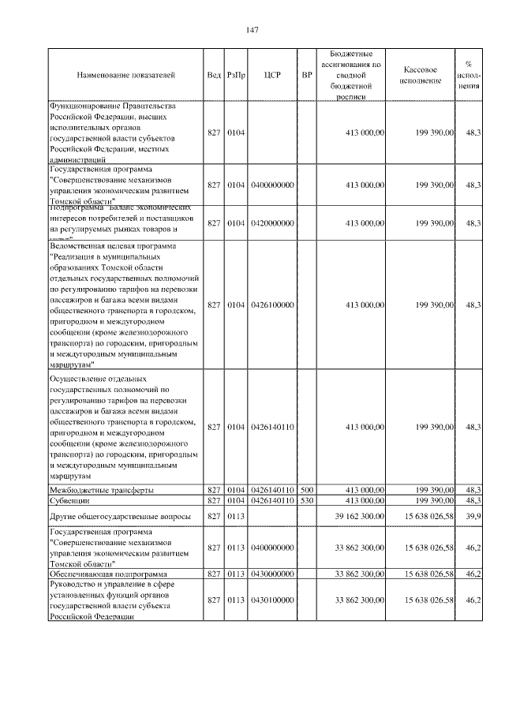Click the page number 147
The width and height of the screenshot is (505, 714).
point(252,30)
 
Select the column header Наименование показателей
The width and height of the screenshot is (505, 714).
point(125,75)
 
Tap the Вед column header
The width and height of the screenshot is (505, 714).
point(214,75)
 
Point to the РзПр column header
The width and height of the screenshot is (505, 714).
point(236,75)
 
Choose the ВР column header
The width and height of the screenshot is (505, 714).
point(308,75)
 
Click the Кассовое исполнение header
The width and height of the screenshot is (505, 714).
point(425,75)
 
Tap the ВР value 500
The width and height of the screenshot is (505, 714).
point(308,490)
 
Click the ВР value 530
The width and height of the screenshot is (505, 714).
point(308,500)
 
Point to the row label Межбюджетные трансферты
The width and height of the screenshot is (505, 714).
point(102,491)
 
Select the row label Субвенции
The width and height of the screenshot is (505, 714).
point(69,500)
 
